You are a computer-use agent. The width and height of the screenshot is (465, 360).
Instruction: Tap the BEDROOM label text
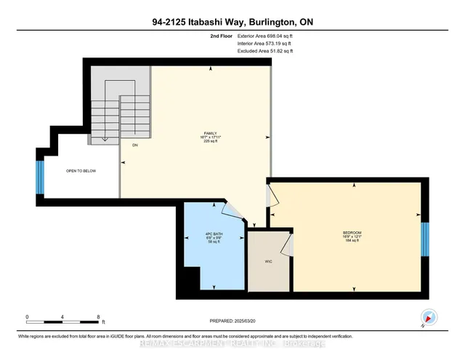click(352, 233)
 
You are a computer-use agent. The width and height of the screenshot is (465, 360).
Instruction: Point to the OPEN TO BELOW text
click(81, 171)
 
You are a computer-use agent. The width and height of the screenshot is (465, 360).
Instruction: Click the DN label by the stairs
click(134, 145)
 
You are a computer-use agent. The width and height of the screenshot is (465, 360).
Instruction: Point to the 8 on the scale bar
click(98, 317)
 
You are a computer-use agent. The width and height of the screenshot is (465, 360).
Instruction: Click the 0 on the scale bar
click(27, 317)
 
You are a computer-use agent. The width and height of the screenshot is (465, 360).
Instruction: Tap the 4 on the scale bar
click(62, 317)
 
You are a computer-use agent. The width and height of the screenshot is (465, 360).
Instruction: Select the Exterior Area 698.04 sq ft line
click(267, 35)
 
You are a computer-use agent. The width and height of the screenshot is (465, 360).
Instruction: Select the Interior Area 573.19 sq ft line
click(267, 43)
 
